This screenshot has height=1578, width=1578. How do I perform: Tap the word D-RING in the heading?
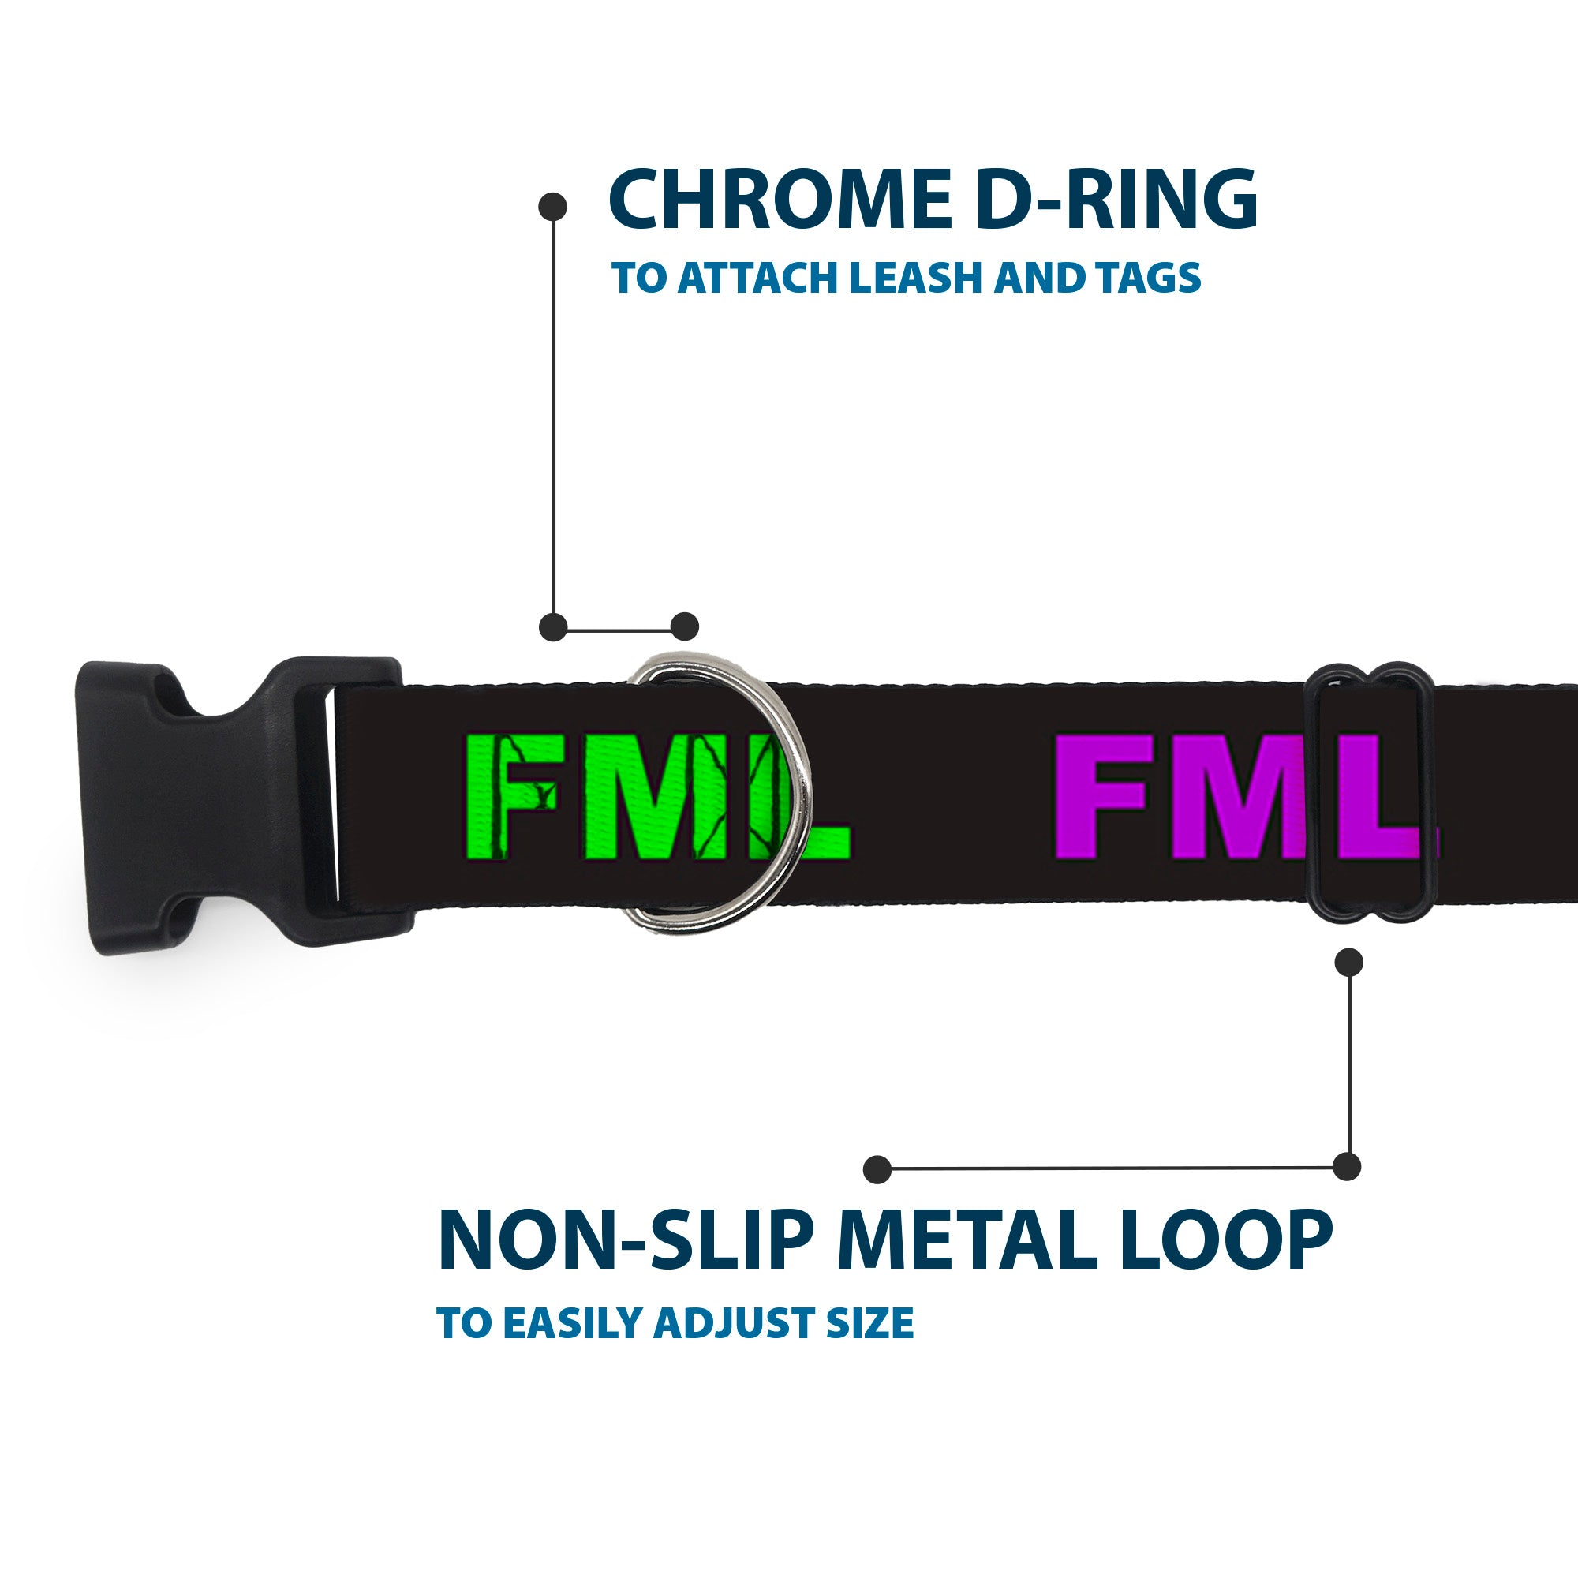(x=1115, y=200)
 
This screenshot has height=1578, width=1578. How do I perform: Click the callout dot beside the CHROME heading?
(x=553, y=207)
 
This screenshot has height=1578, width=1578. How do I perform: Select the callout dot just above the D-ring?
(x=684, y=627)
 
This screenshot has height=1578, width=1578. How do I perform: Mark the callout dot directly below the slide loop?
(x=1348, y=962)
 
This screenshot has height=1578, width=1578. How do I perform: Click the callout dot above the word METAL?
(x=877, y=1169)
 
